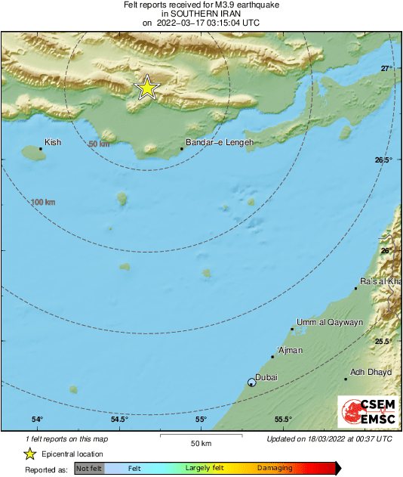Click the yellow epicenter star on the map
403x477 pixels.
[x=146, y=88]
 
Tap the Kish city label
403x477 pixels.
[x=53, y=142]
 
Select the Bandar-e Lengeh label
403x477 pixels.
[x=220, y=142]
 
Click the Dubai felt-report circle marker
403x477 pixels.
[x=252, y=383]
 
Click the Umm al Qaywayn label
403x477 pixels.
[x=330, y=322]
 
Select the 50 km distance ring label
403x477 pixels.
[x=98, y=144]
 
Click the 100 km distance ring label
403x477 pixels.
[x=43, y=202]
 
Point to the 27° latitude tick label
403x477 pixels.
[x=386, y=69]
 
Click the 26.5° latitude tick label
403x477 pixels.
[x=383, y=160]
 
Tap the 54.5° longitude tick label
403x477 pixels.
[x=119, y=420]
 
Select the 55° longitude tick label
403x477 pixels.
[x=201, y=420]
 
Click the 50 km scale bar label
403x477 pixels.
[x=200, y=443]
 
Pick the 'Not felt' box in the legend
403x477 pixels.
[x=88, y=469]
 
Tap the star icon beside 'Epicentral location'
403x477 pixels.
[x=29, y=454]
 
